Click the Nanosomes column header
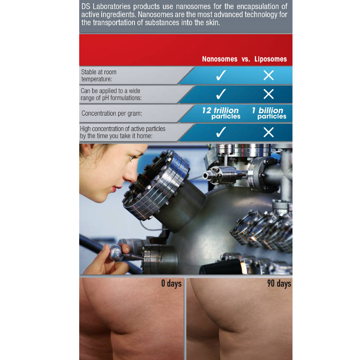click(x=220, y=59)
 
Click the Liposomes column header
click(x=270, y=59)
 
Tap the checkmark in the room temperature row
click(x=221, y=75)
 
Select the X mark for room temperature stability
click(x=269, y=75)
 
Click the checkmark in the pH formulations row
click(x=221, y=94)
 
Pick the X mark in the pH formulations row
click(x=269, y=94)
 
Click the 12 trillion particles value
click(x=220, y=113)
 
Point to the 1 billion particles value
click(x=268, y=113)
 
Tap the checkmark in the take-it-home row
click(x=221, y=132)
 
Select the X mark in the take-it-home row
click(x=269, y=132)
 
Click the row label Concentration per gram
click(x=109, y=113)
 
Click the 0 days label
click(x=171, y=283)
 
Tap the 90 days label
click(x=278, y=283)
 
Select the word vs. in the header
click(x=245, y=59)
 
